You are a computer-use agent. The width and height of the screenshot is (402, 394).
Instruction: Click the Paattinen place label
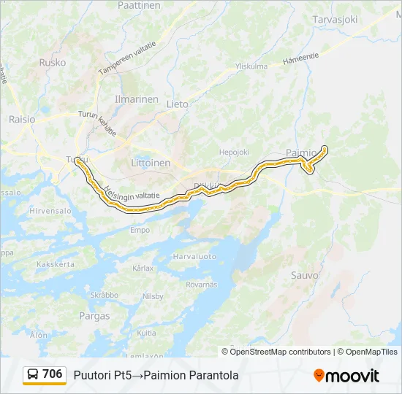[139, 5]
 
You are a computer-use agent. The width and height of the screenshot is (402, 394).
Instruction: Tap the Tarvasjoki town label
[335, 20]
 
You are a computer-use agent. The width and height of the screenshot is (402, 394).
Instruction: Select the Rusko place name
[53, 63]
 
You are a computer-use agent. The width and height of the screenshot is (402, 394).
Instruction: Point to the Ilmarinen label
[136, 99]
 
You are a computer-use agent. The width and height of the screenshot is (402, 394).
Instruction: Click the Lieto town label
[177, 104]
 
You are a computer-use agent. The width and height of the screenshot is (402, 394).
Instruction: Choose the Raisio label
[21, 119]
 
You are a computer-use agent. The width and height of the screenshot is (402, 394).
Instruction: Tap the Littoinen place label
[150, 163]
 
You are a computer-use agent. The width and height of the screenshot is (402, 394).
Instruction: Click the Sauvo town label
[305, 276]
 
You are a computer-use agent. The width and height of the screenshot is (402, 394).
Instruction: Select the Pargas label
[95, 317]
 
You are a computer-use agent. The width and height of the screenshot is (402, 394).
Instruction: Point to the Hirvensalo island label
[50, 210]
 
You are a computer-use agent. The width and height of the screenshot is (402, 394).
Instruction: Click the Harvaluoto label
[195, 257]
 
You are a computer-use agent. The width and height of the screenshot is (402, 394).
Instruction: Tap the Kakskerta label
[56, 263]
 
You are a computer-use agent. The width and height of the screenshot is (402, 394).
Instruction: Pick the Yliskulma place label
[251, 66]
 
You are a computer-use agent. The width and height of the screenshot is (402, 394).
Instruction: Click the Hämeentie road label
[300, 55]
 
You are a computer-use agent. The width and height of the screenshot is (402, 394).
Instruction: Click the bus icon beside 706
[34, 375]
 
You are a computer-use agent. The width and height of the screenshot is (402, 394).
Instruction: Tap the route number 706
[53, 374]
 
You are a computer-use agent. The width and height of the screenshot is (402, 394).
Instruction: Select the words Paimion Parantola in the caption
[191, 376]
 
